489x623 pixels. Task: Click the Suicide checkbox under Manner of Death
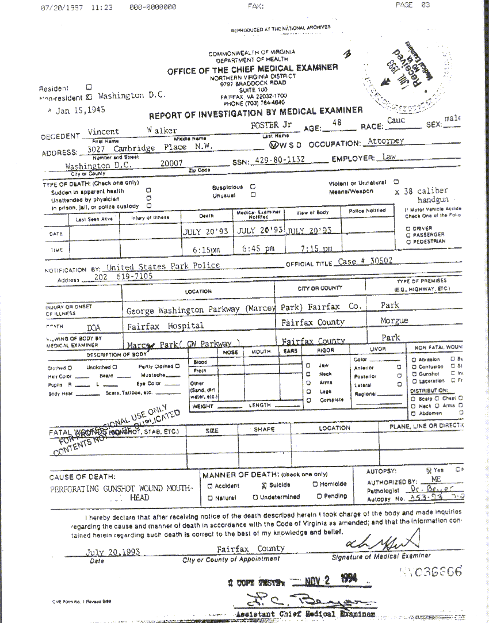[x=256, y=485]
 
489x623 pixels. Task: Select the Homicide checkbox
[x=315, y=484]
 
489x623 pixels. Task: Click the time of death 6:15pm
[x=201, y=250]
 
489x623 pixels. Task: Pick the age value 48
[x=337, y=123]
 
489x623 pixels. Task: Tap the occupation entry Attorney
[x=385, y=141]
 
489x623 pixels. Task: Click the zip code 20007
[x=171, y=163]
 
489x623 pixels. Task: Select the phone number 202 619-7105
[x=123, y=277]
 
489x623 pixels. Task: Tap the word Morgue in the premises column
[x=394, y=320]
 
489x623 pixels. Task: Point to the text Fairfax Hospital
[x=165, y=325]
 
